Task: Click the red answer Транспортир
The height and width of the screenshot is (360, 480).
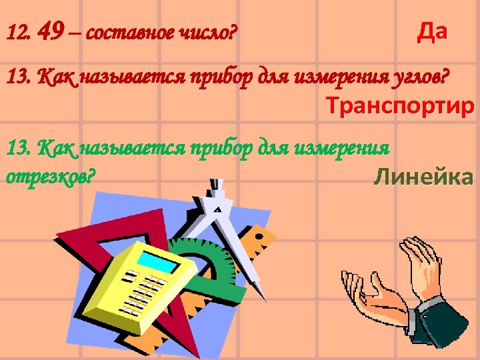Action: (x=400, y=106)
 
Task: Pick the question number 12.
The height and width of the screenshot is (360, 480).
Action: (x=16, y=32)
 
